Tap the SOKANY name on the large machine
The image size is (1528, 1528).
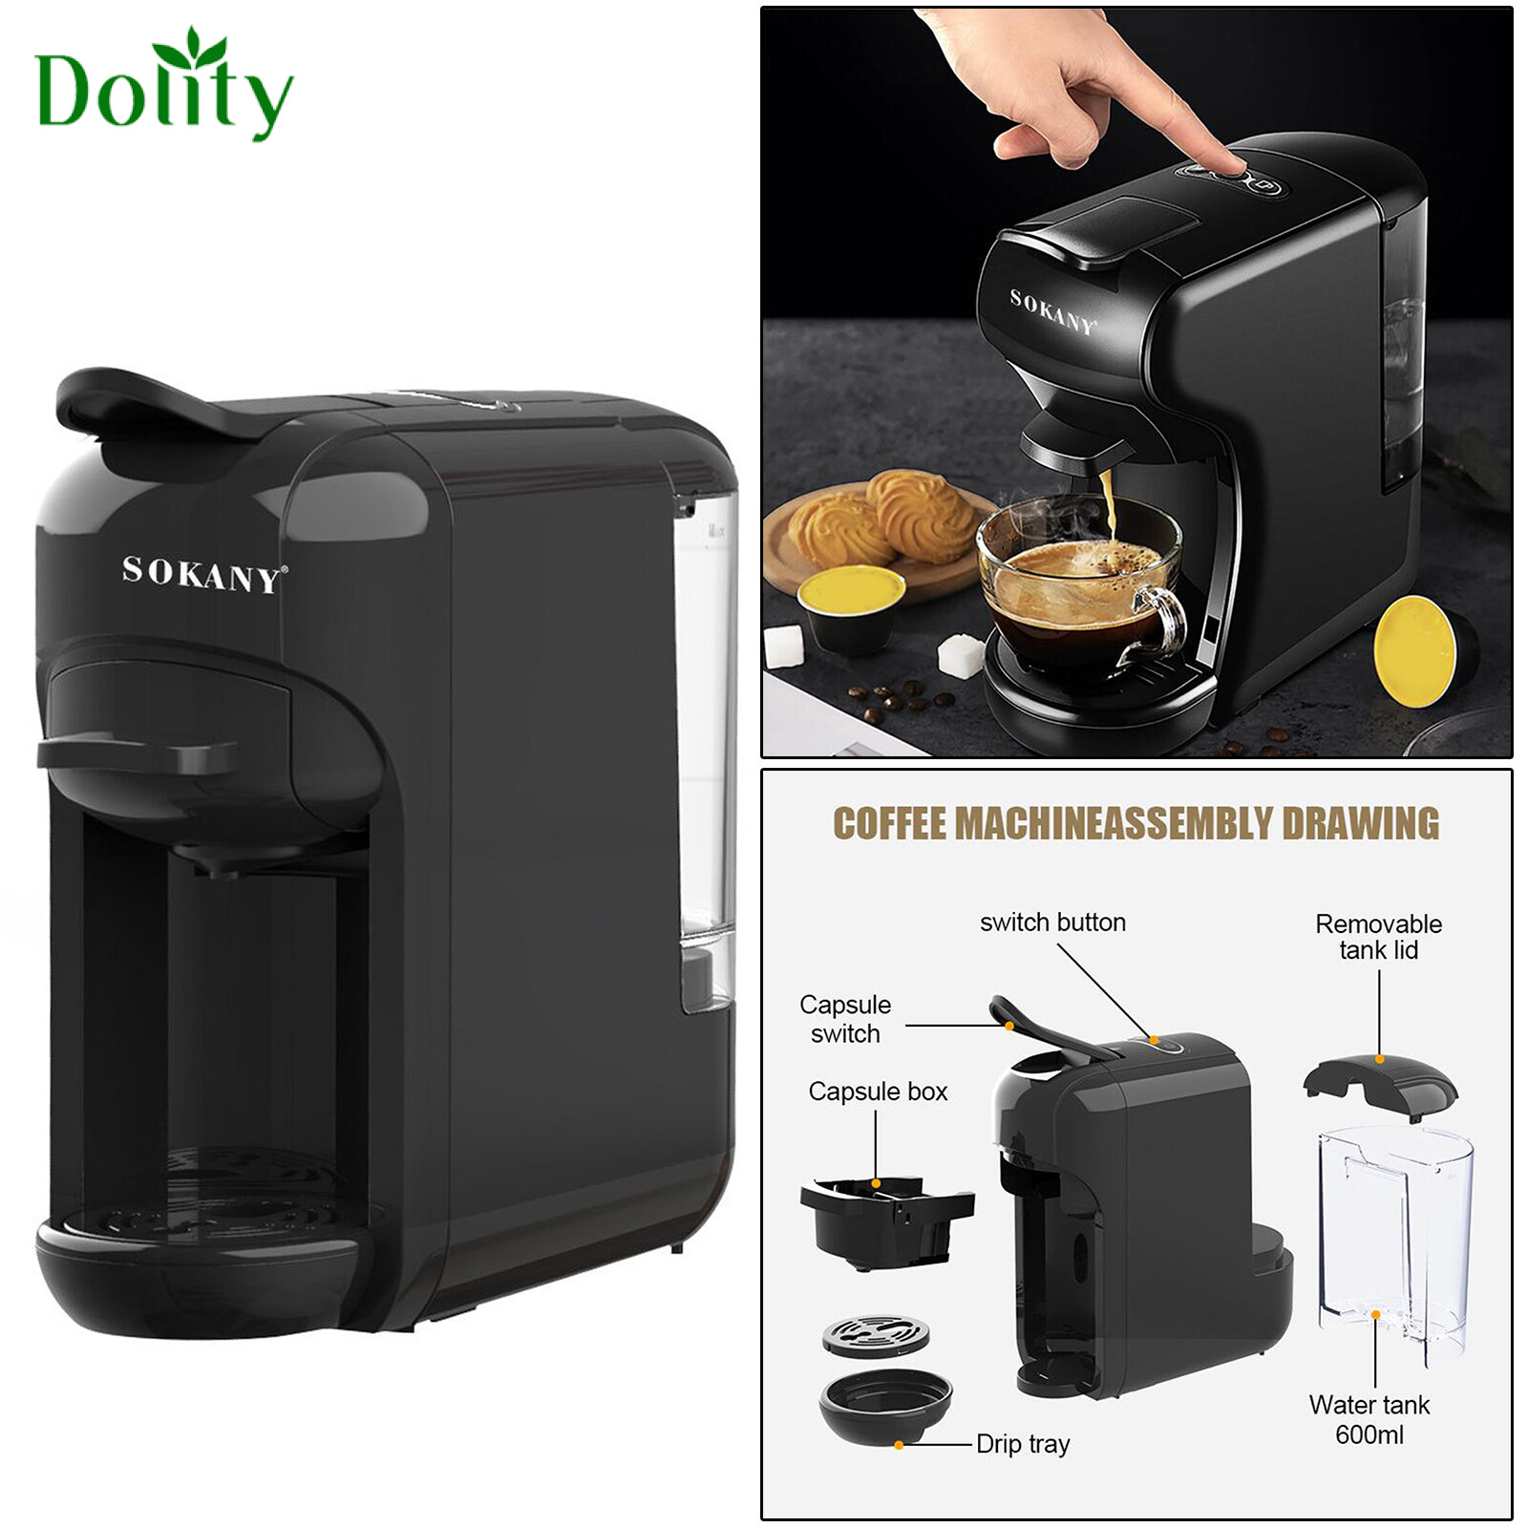pyautogui.click(x=202, y=574)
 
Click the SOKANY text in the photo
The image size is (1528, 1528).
pyautogui.click(x=1051, y=311)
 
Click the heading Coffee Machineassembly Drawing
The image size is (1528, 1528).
pyautogui.click(x=1135, y=823)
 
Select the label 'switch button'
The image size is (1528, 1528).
pyautogui.click(x=1052, y=923)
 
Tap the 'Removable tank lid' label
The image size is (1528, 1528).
pyautogui.click(x=1378, y=937)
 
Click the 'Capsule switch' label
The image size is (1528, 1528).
pyautogui.click(x=845, y=1019)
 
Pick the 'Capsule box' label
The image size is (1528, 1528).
pyautogui.click(x=878, y=1092)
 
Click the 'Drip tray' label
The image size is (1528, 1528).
pyautogui.click(x=1023, y=1444)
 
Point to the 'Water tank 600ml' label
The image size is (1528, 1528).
pyautogui.click(x=1369, y=1419)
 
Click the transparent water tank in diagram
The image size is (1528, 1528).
pyautogui.click(x=1394, y=1232)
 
